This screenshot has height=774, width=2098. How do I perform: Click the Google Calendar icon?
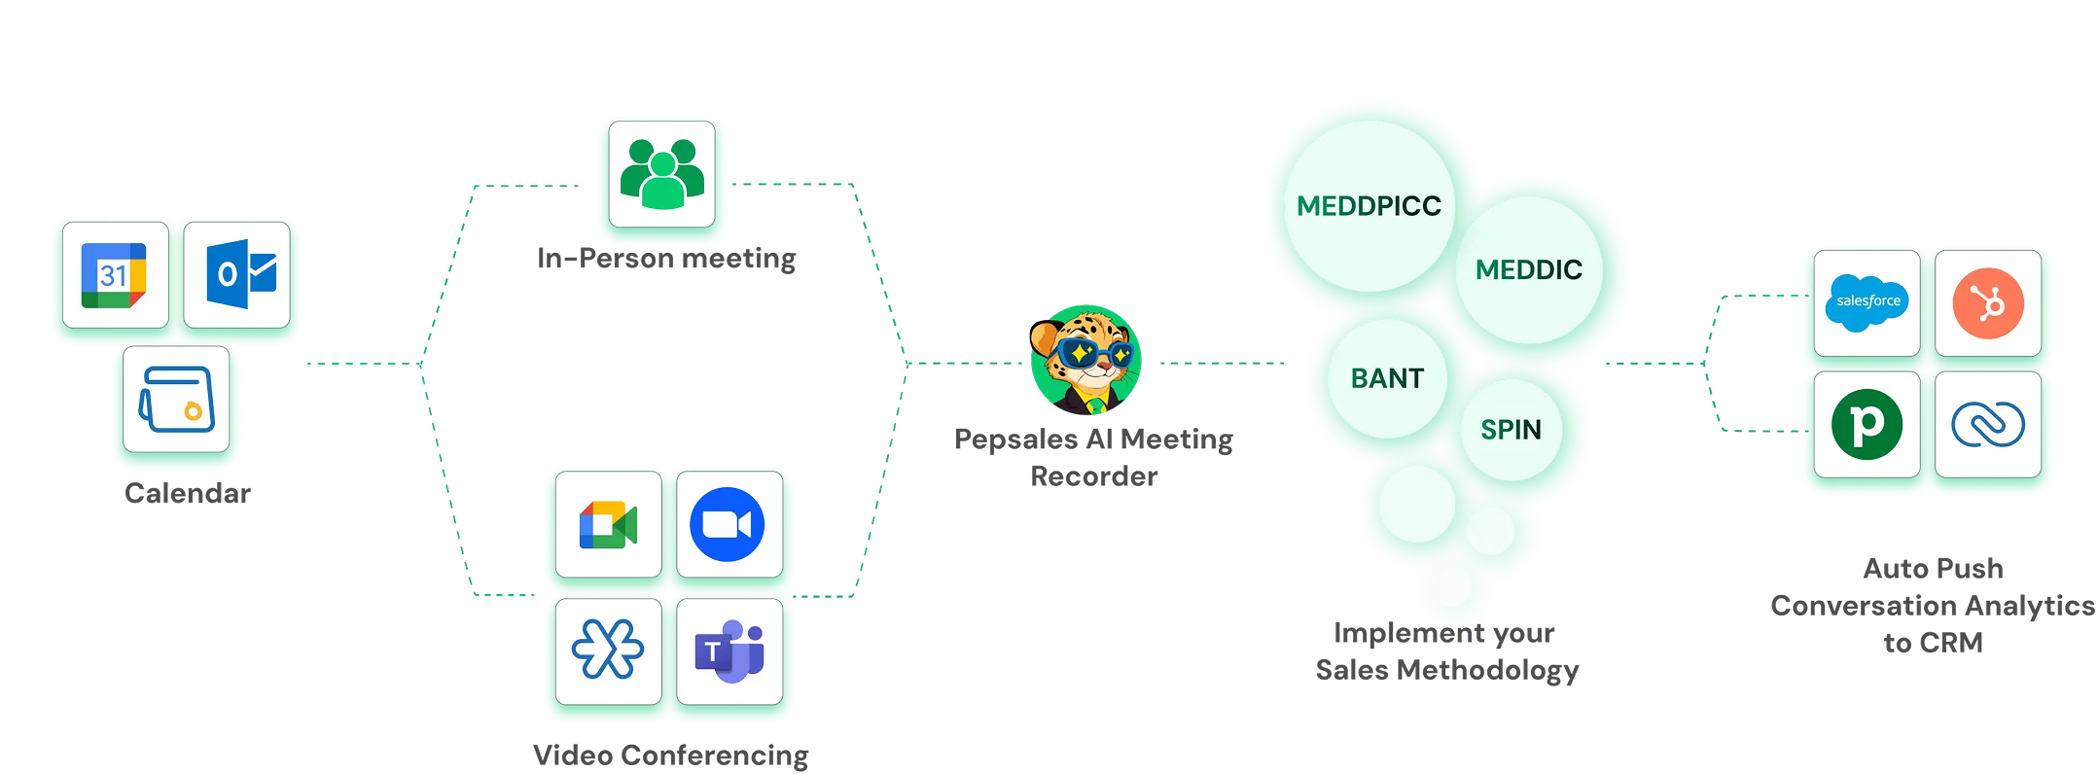click(x=115, y=275)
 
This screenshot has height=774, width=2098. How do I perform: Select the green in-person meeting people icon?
click(x=662, y=175)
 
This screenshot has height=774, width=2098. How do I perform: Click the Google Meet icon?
click(x=608, y=525)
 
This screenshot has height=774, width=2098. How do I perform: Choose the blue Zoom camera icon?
click(x=728, y=525)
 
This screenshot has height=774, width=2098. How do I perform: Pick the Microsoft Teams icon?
click(x=729, y=650)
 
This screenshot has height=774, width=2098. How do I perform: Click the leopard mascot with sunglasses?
click(x=1085, y=361)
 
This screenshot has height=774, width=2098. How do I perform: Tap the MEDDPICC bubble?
click(x=1369, y=206)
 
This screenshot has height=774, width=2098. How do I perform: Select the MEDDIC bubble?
click(x=1528, y=269)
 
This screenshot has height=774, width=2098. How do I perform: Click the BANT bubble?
click(x=1387, y=378)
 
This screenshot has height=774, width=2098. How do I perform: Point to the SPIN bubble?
click(x=1511, y=430)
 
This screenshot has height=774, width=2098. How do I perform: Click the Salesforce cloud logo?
click(x=1867, y=302)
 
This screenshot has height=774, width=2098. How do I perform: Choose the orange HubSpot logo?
click(x=1988, y=302)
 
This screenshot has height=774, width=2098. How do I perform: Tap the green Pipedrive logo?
click(x=1867, y=424)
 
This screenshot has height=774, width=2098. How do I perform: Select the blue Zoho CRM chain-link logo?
click(x=1988, y=424)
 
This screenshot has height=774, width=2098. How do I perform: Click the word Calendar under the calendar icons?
click(x=190, y=493)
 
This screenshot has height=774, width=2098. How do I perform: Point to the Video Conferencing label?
click(x=669, y=755)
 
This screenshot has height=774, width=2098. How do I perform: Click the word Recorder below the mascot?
click(x=1093, y=476)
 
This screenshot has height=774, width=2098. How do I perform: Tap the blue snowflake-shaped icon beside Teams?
click(x=608, y=650)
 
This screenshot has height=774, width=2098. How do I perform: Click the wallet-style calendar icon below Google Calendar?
click(x=177, y=400)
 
